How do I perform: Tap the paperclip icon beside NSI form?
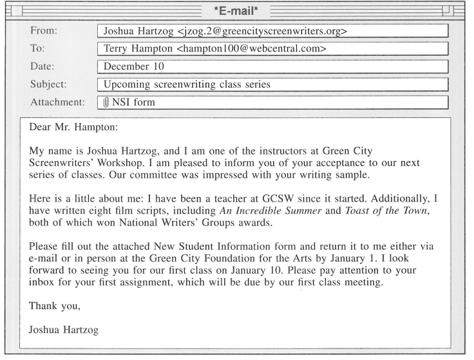point(108,102)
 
